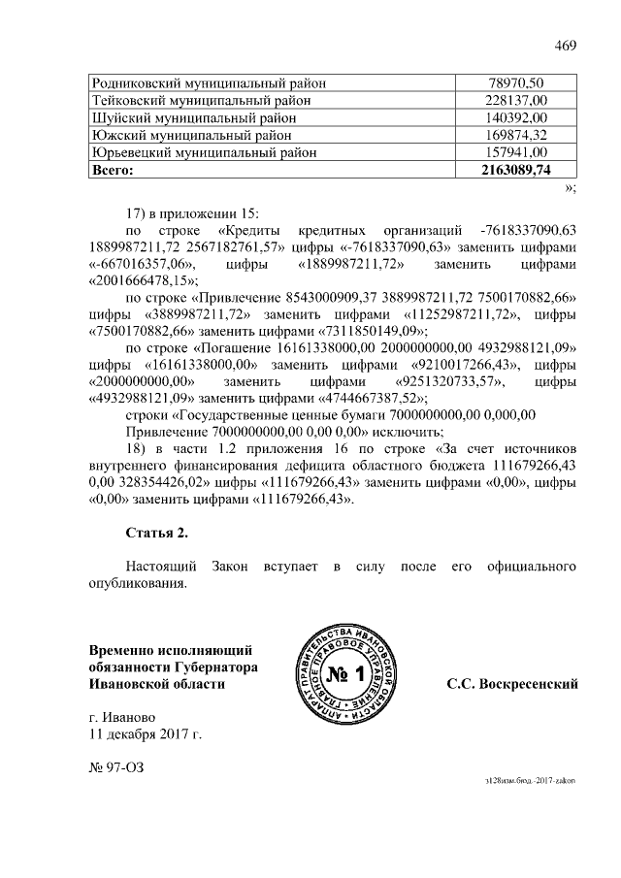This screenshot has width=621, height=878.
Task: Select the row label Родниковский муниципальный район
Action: click(x=208, y=83)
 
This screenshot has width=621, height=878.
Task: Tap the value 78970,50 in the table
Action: click(x=515, y=83)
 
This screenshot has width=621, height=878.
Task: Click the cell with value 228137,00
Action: click(x=515, y=100)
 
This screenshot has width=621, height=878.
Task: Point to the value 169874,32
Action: click(x=515, y=135)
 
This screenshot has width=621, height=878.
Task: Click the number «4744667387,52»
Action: click(x=358, y=398)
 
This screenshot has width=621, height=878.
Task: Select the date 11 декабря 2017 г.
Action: click(x=145, y=735)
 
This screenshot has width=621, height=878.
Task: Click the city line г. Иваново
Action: click(x=120, y=718)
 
